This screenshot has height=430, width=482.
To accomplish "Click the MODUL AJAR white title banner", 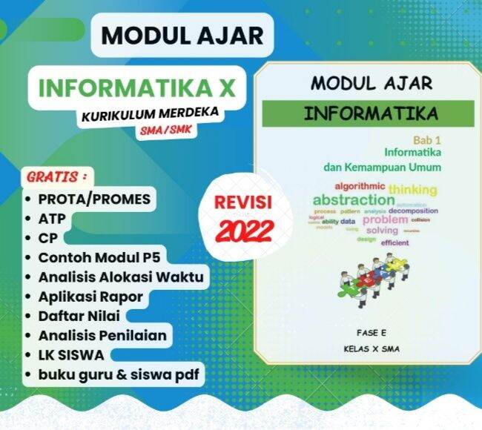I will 182,36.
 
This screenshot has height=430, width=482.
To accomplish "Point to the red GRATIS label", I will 57,178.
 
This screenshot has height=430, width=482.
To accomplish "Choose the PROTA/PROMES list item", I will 94,199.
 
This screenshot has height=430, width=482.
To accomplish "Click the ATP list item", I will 50,219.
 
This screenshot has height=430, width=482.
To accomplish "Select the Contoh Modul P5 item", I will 100,258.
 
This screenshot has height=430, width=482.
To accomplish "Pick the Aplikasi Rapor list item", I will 90,297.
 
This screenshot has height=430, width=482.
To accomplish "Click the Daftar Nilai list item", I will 79,316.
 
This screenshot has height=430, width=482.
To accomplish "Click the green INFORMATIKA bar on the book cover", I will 366,114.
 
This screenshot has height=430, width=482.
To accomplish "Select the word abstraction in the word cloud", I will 353,200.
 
